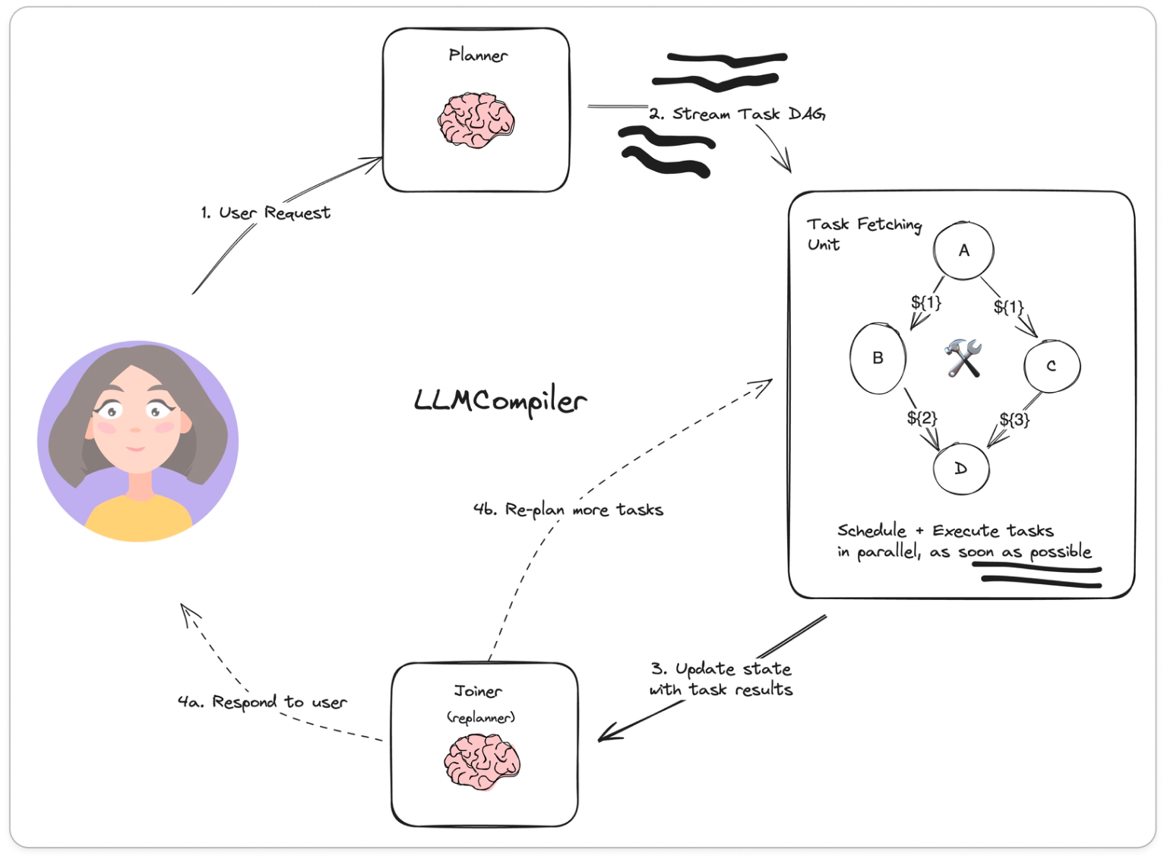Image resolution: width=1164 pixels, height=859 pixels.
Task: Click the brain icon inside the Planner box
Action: click(x=476, y=120)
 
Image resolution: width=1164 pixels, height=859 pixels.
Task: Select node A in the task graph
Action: click(x=963, y=251)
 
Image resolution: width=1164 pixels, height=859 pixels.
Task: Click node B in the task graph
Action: click(x=878, y=358)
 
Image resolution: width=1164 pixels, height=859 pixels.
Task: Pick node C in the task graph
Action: click(x=1052, y=366)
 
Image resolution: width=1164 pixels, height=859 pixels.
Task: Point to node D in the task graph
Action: click(x=961, y=469)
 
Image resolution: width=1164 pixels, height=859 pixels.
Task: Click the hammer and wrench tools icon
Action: click(x=963, y=358)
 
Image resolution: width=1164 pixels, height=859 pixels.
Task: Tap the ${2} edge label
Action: click(x=922, y=418)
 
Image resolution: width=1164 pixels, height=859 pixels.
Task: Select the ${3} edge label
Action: click(x=1014, y=419)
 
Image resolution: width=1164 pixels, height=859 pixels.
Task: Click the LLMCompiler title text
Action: click(x=501, y=402)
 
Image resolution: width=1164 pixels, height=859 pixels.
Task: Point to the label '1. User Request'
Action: click(x=266, y=213)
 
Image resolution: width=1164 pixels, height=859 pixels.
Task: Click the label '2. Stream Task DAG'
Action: click(x=737, y=114)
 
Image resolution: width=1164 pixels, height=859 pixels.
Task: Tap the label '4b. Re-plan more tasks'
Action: click(x=568, y=510)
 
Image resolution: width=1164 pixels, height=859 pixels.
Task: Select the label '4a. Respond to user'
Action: click(x=262, y=702)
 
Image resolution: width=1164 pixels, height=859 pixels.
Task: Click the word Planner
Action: click(x=478, y=55)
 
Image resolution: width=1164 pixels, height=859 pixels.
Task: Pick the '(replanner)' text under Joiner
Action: click(x=480, y=717)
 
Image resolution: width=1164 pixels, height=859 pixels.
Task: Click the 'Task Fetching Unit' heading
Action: click(x=863, y=233)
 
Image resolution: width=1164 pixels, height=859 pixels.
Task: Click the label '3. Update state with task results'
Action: click(x=721, y=679)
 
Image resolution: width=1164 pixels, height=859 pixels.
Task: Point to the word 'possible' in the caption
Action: click(x=1061, y=552)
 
